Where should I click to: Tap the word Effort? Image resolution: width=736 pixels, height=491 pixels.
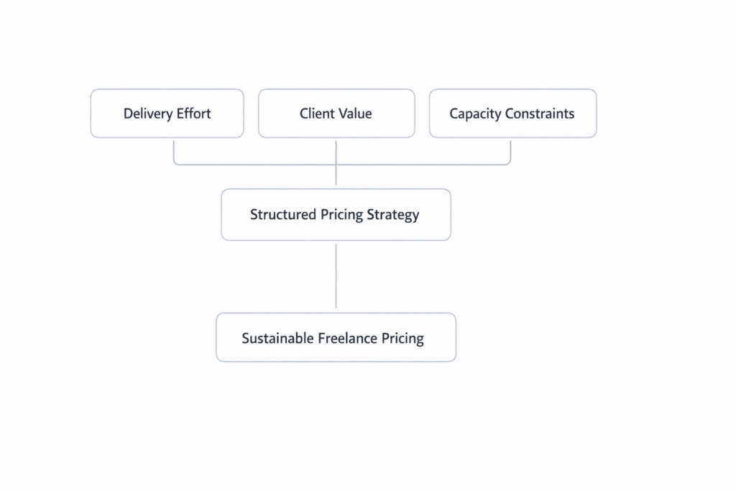click(193, 114)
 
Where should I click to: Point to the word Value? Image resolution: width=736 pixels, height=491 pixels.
click(356, 114)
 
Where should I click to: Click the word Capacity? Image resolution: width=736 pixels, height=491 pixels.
click(475, 114)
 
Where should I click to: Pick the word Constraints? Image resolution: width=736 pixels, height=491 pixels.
click(540, 114)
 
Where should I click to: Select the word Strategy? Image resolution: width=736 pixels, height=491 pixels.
click(394, 215)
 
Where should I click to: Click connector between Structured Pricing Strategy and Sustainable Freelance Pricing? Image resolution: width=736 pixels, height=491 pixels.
click(336, 276)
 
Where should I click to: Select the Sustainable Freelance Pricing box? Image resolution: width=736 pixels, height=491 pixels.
click(336, 352)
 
